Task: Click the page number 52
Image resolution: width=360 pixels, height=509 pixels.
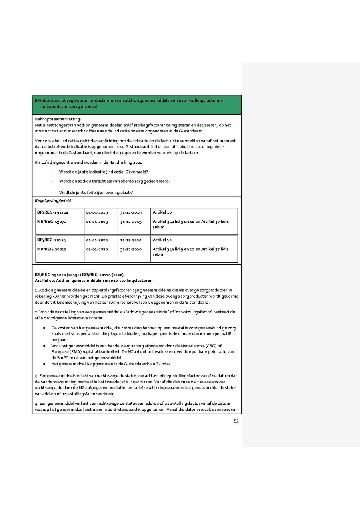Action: [236, 421]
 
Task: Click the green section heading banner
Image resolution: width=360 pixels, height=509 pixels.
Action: [137, 104]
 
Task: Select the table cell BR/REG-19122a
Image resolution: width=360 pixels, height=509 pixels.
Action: [53, 212]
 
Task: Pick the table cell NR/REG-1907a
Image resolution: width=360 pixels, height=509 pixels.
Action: [52, 222]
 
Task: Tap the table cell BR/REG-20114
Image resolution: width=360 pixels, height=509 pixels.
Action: [52, 240]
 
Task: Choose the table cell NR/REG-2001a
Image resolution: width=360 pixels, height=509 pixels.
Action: [52, 249]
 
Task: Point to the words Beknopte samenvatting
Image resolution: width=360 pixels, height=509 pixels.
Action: [58, 119]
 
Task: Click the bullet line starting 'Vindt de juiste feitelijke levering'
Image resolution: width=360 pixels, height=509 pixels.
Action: [96, 192]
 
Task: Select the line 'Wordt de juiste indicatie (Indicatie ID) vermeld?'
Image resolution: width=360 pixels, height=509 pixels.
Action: [104, 172]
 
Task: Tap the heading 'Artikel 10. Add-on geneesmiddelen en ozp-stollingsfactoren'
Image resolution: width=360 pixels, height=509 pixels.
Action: [94, 281]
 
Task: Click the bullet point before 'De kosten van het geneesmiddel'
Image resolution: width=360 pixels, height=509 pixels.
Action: [44, 328]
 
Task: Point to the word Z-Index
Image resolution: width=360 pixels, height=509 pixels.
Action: [163, 364]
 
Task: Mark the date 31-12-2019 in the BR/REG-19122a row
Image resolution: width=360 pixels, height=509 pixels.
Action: [131, 212]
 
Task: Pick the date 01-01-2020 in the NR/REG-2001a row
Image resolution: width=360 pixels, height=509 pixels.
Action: [97, 249]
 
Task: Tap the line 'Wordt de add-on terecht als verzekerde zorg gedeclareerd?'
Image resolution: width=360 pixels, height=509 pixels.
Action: [114, 181]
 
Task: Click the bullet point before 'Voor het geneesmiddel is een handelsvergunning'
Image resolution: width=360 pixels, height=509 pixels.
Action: [44, 346]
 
